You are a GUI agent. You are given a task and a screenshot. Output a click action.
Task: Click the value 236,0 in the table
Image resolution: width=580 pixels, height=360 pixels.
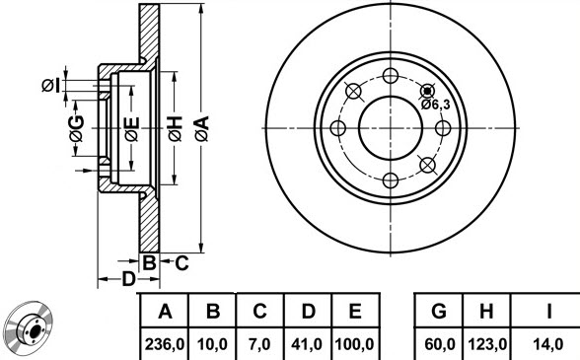coord(164,344)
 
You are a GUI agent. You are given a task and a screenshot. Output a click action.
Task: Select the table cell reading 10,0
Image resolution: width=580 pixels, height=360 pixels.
coord(212,344)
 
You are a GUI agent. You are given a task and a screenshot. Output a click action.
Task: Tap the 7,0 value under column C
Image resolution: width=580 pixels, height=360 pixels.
coord(259,344)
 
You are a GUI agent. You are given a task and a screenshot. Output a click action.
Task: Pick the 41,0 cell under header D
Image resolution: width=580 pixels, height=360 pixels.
coord(307,344)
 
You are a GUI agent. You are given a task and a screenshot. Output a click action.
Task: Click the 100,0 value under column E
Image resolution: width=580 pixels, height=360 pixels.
coord(354,344)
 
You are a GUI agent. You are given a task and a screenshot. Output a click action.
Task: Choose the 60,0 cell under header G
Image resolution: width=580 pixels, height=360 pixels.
coord(440,344)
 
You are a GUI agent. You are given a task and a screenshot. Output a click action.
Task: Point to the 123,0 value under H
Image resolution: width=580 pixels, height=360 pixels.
coord(487,344)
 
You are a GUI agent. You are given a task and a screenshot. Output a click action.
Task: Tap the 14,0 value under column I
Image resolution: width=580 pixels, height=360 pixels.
coord(548,344)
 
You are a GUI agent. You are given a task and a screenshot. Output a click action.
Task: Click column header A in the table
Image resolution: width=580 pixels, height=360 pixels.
coord(165,311)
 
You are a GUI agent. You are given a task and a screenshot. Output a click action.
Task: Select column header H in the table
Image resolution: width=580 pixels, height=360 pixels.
coord(486,311)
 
